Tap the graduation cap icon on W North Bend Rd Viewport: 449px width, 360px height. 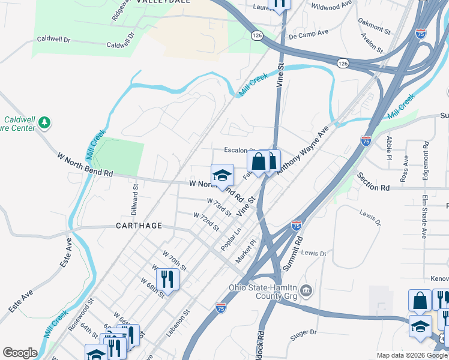pos(222,175)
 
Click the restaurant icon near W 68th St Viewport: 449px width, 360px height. pos(167,279)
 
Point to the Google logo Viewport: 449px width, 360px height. pos(20,353)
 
